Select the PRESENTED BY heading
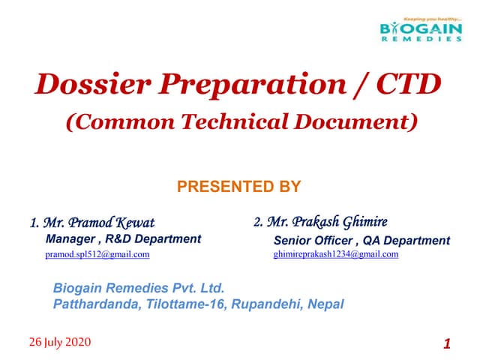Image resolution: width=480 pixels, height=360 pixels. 238,186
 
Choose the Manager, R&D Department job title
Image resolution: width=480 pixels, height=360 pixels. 123,239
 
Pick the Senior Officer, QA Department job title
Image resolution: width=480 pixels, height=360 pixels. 361,241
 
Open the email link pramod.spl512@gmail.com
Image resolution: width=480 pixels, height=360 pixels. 97,255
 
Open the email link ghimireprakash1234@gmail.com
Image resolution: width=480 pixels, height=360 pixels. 336,254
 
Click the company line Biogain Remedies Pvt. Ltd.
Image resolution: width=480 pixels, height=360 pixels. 139,288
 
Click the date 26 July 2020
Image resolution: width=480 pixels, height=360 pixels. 60,342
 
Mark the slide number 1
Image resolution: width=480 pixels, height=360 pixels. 447,344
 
